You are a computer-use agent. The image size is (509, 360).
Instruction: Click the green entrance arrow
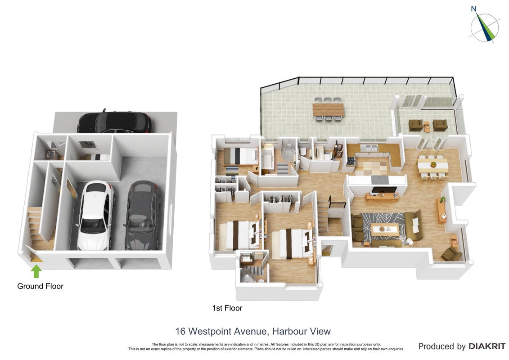tap(36, 271)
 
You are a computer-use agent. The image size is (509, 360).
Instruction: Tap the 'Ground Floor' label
tap(40, 286)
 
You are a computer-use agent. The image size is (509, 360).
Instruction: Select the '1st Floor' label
tap(227, 308)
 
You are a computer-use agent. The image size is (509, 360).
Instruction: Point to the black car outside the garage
tap(114, 122)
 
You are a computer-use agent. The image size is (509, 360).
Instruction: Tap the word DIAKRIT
tap(486, 346)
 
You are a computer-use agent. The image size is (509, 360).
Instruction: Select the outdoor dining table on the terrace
tap(328, 109)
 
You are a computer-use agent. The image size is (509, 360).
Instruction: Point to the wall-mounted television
tap(384, 190)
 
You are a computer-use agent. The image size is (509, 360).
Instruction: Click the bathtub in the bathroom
tap(268, 159)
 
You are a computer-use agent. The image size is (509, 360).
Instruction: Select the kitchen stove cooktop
tap(351, 161)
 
